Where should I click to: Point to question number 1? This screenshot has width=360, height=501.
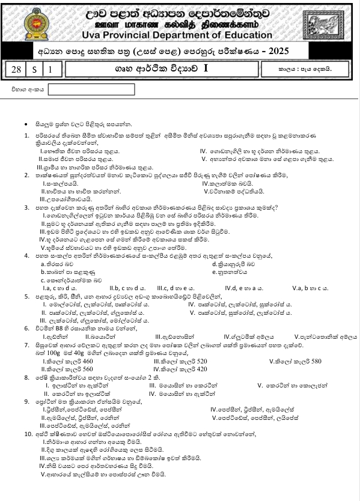(26, 136)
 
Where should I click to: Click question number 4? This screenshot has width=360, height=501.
(26, 256)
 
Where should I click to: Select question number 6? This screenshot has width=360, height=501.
(26, 329)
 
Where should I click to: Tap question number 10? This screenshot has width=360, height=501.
(28, 433)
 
